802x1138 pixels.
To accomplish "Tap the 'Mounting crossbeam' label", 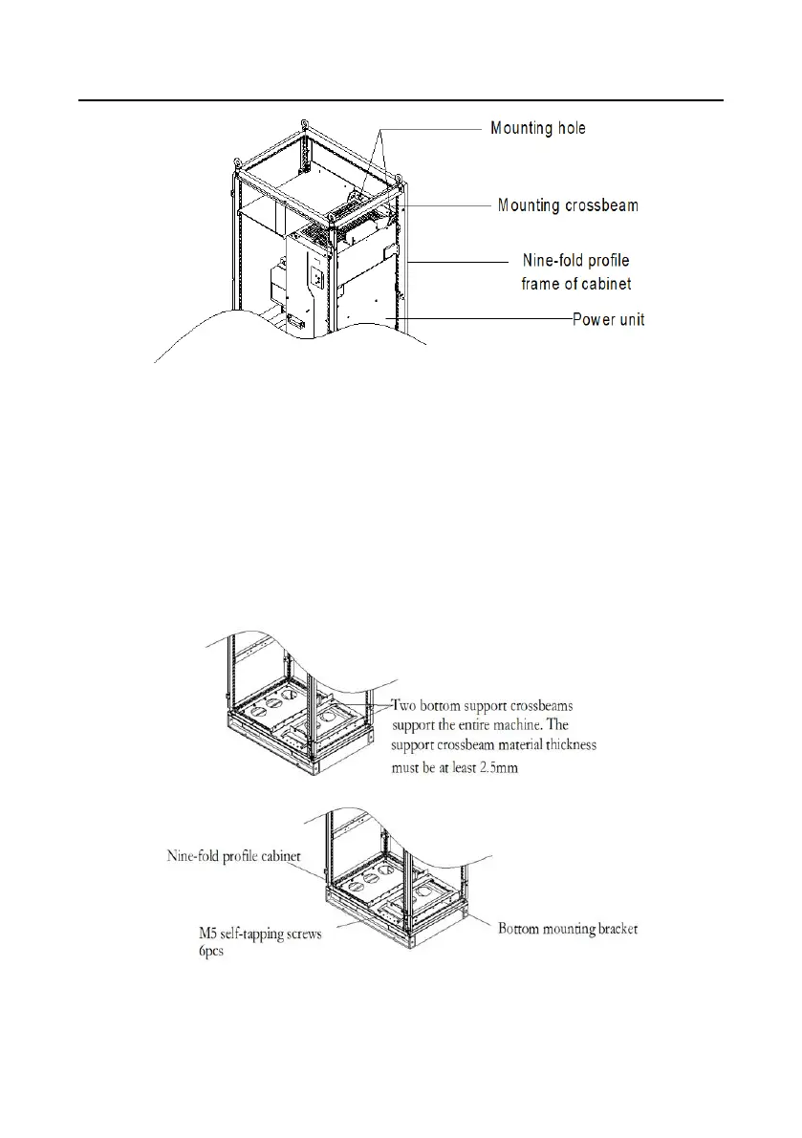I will click(x=568, y=205).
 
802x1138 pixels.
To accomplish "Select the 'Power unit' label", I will click(x=608, y=319).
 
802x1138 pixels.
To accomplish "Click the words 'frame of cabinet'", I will click(x=575, y=284).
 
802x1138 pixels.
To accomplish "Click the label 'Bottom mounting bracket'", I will click(x=567, y=927).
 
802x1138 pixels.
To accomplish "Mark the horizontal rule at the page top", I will click(x=401, y=99).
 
